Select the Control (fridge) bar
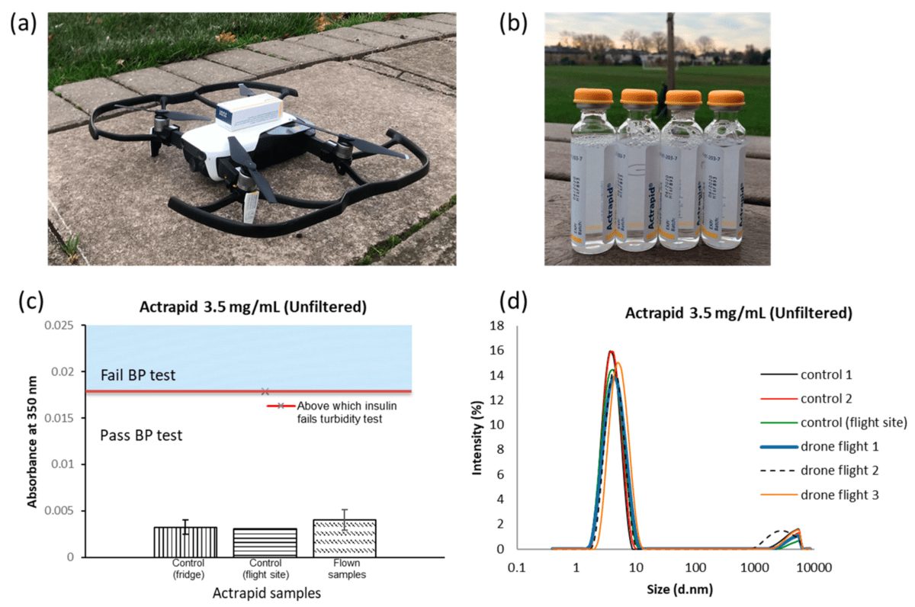(x=185, y=541)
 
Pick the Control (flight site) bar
(x=265, y=542)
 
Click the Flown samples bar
(x=344, y=538)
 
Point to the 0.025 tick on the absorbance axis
(x=66, y=326)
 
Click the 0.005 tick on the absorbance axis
(x=66, y=511)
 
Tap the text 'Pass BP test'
(x=141, y=435)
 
